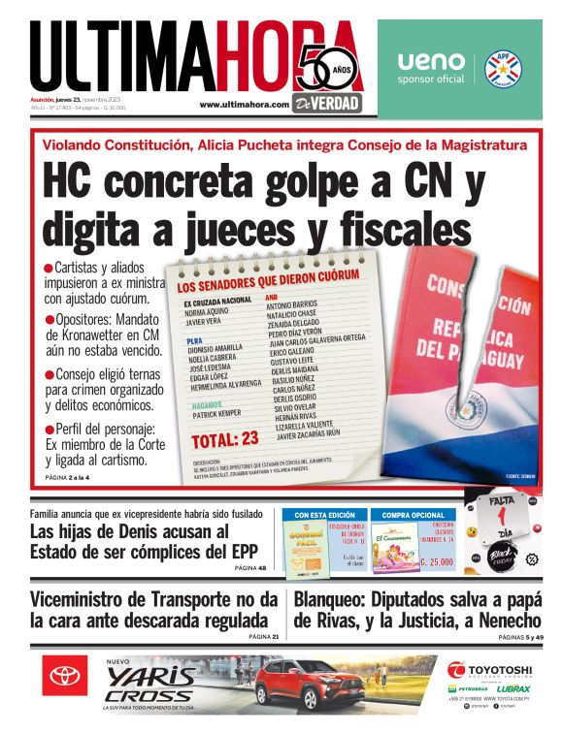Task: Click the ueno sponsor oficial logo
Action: click(x=431, y=67)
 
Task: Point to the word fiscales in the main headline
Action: click(x=396, y=229)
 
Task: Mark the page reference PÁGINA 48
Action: click(x=250, y=568)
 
